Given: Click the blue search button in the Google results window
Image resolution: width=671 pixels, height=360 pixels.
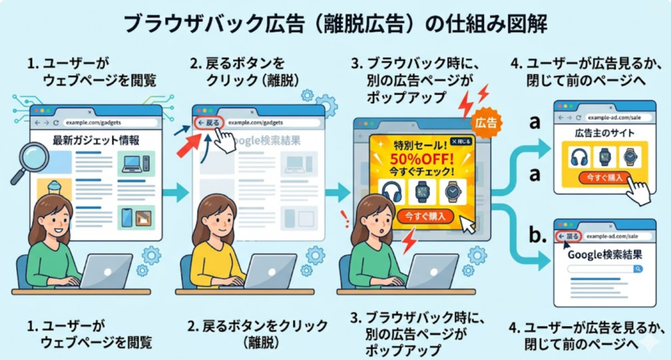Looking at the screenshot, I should (638, 269).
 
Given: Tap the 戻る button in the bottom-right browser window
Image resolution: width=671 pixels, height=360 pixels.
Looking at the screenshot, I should (568, 235).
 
